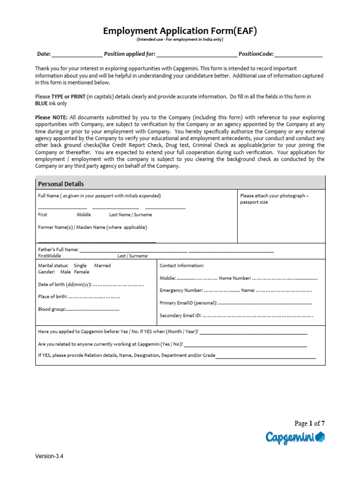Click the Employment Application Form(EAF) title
pos(180,31)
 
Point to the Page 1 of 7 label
pos(309,423)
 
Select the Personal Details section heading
pos(61,184)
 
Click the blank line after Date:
pos(77,55)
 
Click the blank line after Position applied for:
pos(196,55)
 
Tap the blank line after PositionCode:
pos(299,55)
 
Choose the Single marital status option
pos(80,265)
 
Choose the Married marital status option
pos(102,265)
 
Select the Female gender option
pos(81,272)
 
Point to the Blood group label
pos(51,309)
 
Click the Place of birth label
pos(52,297)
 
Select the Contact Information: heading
pos(182,265)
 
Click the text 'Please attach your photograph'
pos(274,196)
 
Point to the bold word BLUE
pos(42,103)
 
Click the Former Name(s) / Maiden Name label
pos(92,227)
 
